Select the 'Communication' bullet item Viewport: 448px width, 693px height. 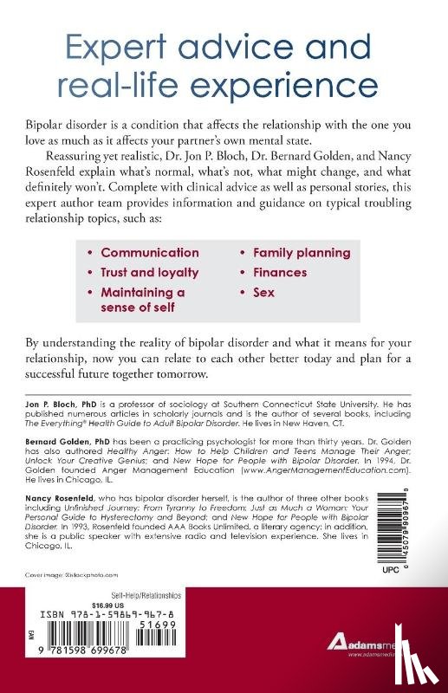tap(150, 253)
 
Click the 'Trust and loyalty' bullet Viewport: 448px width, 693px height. tap(150, 272)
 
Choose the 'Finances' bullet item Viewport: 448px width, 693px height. tap(281, 272)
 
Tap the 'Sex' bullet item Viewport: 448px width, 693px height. tap(263, 292)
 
